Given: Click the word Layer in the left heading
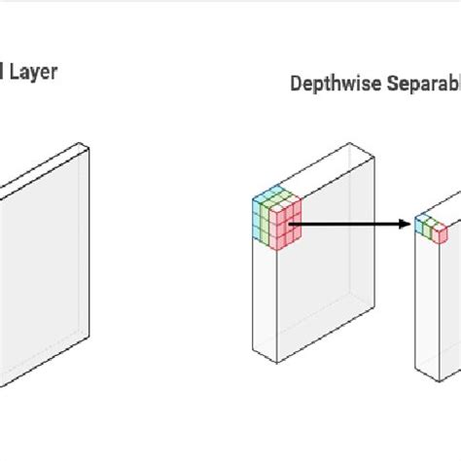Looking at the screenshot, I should (x=34, y=71).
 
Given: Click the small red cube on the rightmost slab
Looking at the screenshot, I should (x=441, y=233).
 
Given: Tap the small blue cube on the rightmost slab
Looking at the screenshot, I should (x=421, y=224).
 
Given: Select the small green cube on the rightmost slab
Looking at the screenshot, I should (x=431, y=227).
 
